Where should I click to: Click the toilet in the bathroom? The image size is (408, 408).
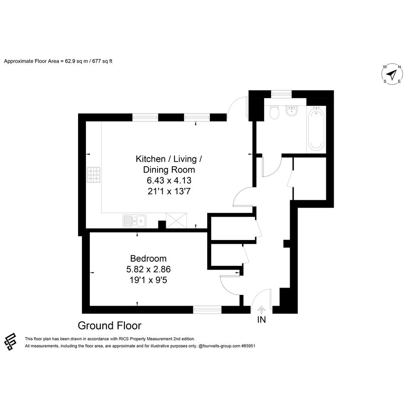point(274,112)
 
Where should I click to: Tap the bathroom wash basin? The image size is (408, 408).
point(292,111)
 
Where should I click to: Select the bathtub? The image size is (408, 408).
point(316,129)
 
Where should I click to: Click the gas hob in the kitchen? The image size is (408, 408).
point(93,174)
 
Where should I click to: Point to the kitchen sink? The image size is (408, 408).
point(135,221)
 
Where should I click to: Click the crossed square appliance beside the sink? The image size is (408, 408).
point(176,220)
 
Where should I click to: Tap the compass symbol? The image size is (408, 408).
point(392,74)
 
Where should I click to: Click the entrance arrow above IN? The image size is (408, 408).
point(261,310)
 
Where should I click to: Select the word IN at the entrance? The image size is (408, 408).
point(262,319)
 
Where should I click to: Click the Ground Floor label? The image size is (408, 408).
point(110,326)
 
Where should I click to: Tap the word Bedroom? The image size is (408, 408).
point(149,258)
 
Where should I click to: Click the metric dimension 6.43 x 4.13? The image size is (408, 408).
point(169,180)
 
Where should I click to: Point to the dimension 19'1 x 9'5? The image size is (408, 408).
point(149,280)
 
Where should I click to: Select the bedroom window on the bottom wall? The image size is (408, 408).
point(207,310)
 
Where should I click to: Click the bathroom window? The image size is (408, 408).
point(281,94)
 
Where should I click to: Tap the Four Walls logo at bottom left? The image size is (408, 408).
point(10,342)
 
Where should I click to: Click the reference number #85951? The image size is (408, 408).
point(248,346)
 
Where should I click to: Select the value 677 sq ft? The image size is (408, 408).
point(102,61)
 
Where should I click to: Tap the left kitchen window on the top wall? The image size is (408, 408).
point(145,117)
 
